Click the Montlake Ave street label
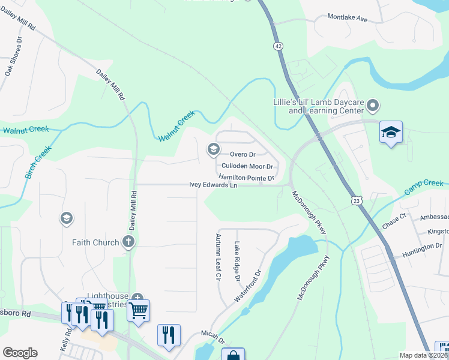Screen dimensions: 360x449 [x=347, y=18]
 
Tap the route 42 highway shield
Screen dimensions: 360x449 [x=277, y=46]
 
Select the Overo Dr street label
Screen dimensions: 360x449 [x=243, y=154]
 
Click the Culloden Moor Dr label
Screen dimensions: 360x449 [x=247, y=166]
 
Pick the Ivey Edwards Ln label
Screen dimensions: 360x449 [x=212, y=185]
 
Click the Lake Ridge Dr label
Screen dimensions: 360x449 [x=237, y=262]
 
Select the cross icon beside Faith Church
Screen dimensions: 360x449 [x=127, y=242]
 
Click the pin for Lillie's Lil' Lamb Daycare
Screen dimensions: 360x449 [x=373, y=107]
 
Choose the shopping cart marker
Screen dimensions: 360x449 [x=138, y=310]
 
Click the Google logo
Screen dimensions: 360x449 [x=20, y=353]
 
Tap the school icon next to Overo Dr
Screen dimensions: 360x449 [x=212, y=149]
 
